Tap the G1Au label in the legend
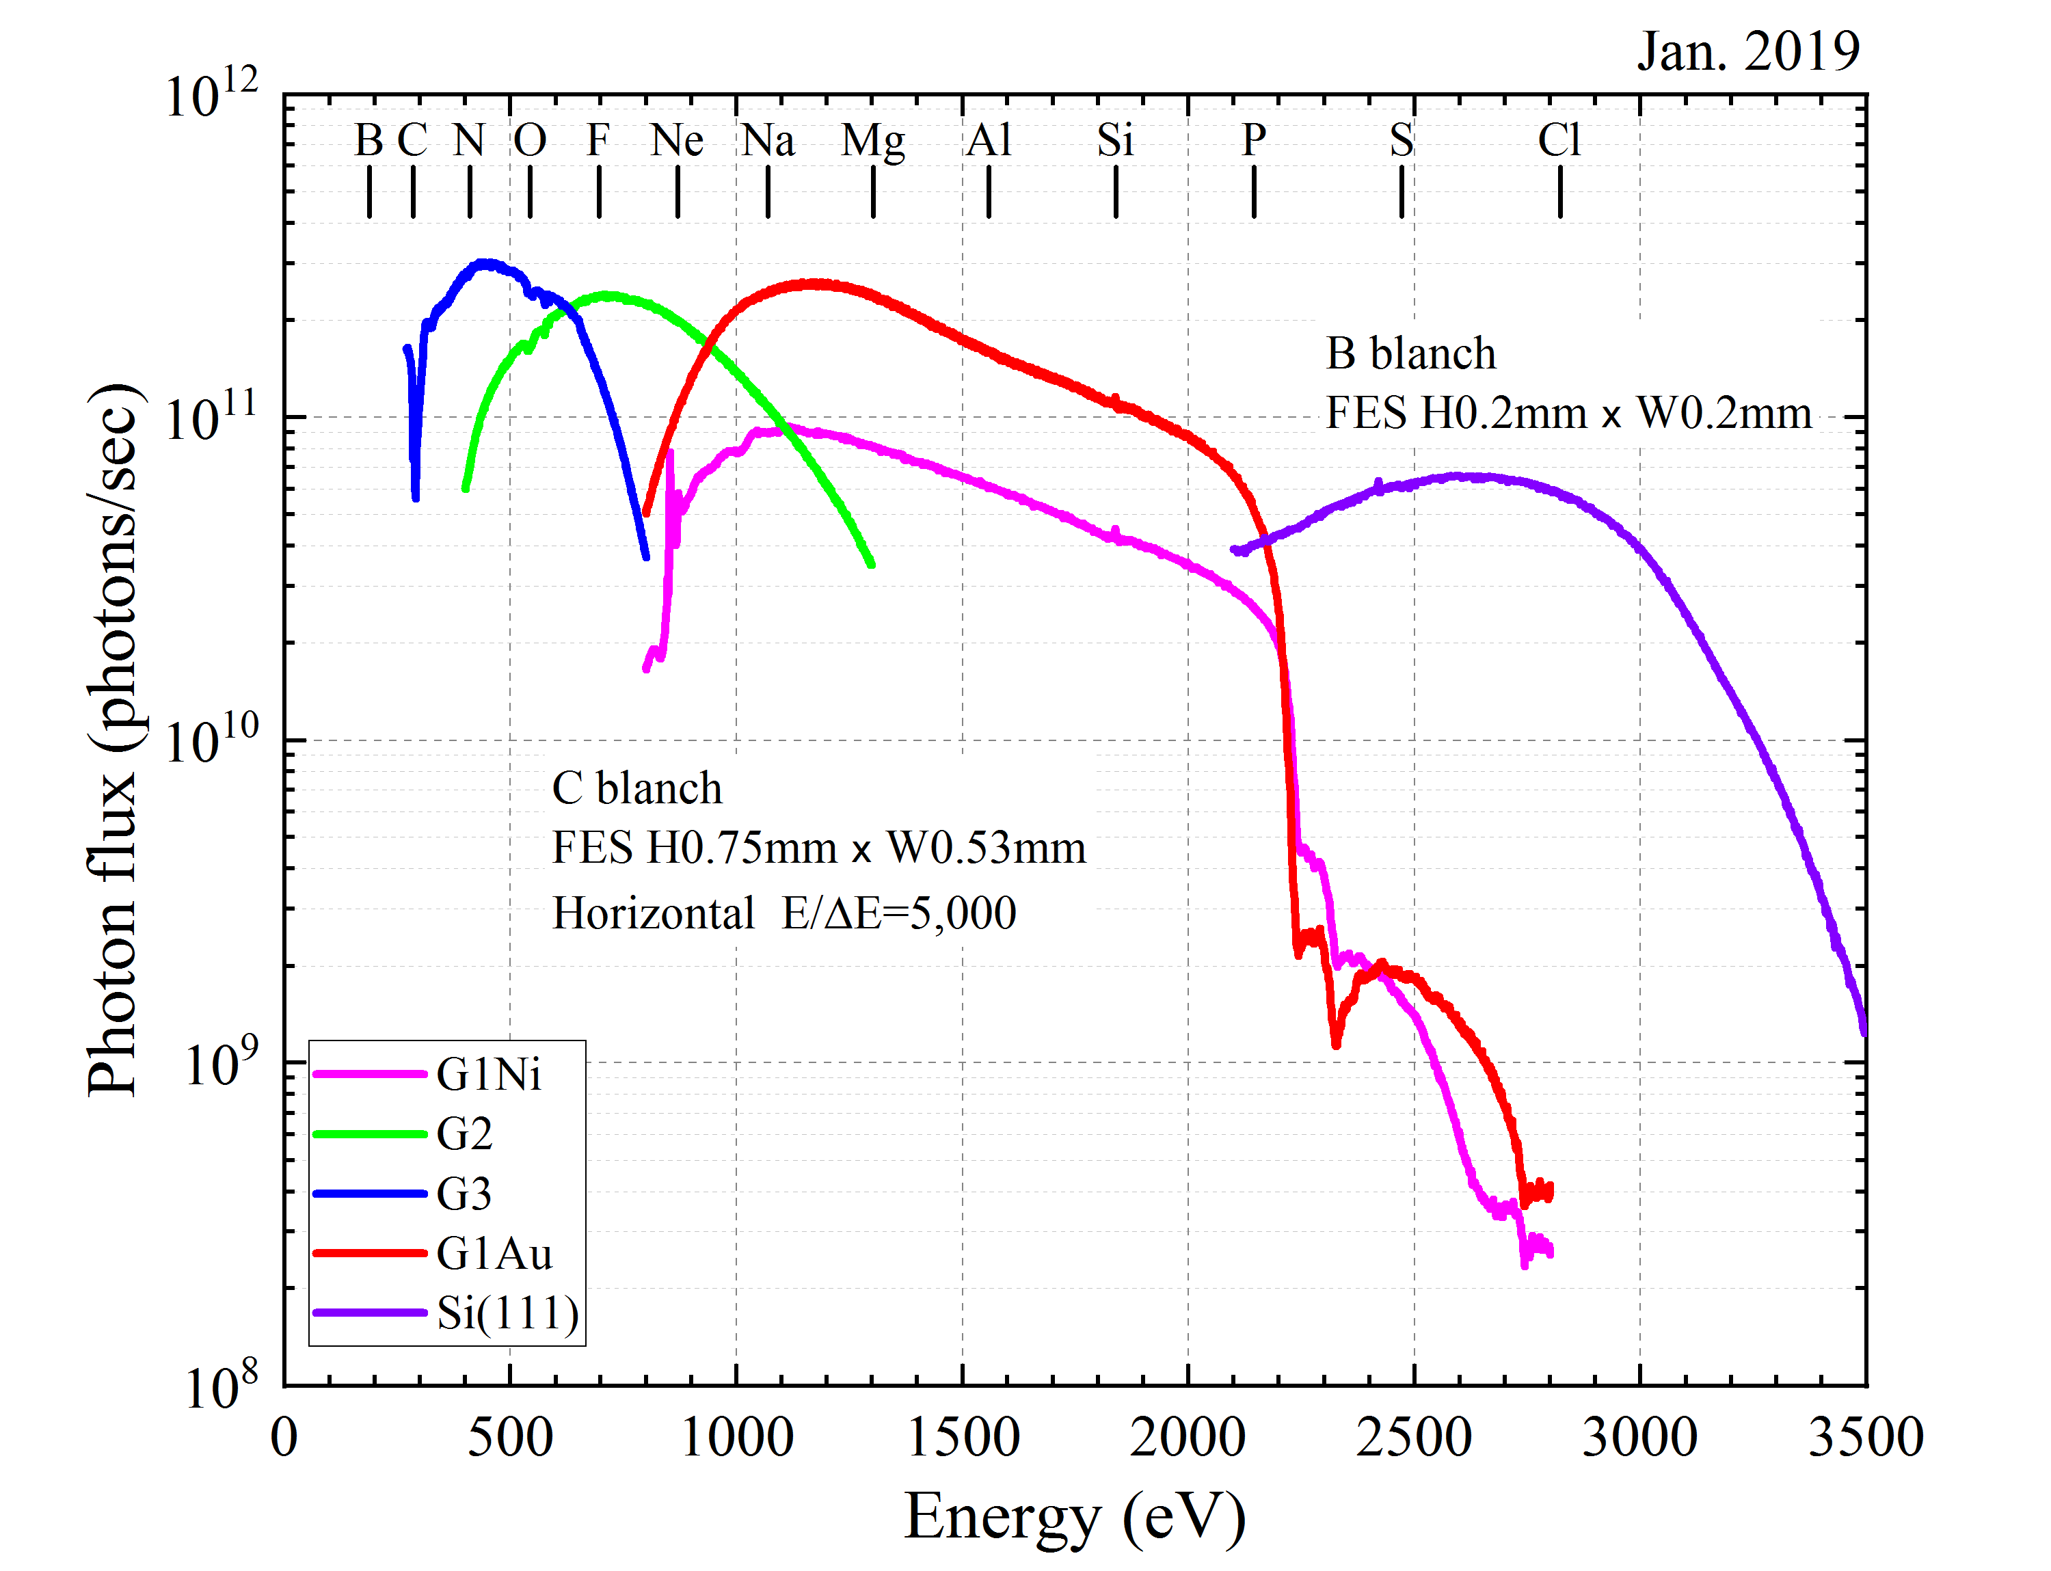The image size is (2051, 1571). (494, 1254)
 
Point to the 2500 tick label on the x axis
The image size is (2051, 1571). (1413, 1437)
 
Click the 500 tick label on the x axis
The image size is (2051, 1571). (510, 1437)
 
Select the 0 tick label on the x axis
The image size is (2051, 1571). (284, 1437)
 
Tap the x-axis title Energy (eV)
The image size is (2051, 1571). (1075, 1516)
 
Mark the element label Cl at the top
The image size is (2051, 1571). (1559, 140)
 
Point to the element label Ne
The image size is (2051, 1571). (677, 140)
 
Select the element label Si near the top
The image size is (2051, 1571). (1115, 140)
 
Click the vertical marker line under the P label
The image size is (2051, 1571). (1253, 191)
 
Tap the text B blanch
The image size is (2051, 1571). (1410, 353)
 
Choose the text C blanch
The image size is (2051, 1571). (637, 788)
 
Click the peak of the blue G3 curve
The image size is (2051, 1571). (485, 264)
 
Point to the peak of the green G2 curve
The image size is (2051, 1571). (608, 295)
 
